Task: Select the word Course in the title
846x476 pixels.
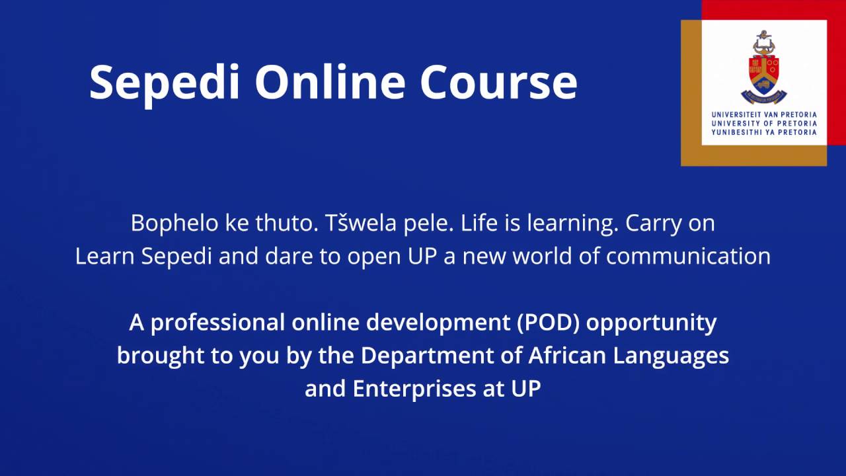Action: pos(498,82)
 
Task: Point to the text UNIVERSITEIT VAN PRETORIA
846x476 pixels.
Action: pos(764,114)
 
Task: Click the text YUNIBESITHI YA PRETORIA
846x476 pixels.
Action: pos(764,132)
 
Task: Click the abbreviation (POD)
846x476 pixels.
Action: pos(550,323)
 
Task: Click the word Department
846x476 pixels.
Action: pos(441,356)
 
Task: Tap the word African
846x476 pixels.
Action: pos(568,356)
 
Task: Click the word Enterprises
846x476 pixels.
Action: pos(411,389)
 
